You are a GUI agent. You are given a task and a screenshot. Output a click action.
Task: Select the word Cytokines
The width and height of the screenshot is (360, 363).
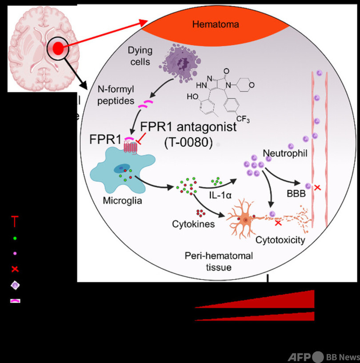pyautogui.click(x=193, y=223)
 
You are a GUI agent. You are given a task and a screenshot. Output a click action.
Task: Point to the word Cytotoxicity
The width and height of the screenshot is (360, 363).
pyautogui.click(x=280, y=240)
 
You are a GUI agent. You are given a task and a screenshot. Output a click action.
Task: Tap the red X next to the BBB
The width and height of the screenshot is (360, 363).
pyautogui.click(x=317, y=188)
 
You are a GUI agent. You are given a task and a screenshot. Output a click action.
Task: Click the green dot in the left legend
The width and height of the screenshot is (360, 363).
pyautogui.click(x=15, y=238)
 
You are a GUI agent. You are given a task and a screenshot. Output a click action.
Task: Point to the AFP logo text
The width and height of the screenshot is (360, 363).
pyautogui.click(x=299, y=357)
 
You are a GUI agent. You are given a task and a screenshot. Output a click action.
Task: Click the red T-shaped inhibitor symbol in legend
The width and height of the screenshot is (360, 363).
pyautogui.click(x=15, y=220)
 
